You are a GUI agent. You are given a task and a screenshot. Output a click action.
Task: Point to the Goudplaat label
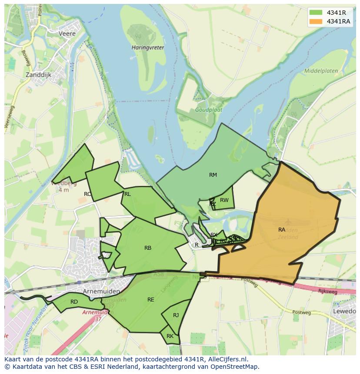tap(208, 110)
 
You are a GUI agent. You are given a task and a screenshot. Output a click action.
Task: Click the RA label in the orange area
tap(282, 229)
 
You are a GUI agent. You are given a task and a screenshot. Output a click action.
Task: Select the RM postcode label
tap(213, 175)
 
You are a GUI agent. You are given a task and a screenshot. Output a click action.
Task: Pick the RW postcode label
tap(224, 200)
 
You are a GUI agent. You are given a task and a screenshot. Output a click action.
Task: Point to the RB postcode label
tap(148, 248)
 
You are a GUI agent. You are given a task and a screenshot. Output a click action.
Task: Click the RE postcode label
tap(151, 300)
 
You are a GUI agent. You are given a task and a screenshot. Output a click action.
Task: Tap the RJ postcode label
tap(176, 315)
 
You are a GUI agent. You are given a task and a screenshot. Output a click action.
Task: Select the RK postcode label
tap(170, 336)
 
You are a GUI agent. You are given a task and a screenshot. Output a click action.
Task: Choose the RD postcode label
tap(74, 302)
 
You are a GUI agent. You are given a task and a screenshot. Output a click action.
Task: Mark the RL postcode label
tap(127, 194)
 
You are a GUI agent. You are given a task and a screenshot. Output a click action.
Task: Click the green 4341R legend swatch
tap(316, 13)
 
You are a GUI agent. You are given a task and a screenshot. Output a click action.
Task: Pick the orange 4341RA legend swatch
tap(316, 21)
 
